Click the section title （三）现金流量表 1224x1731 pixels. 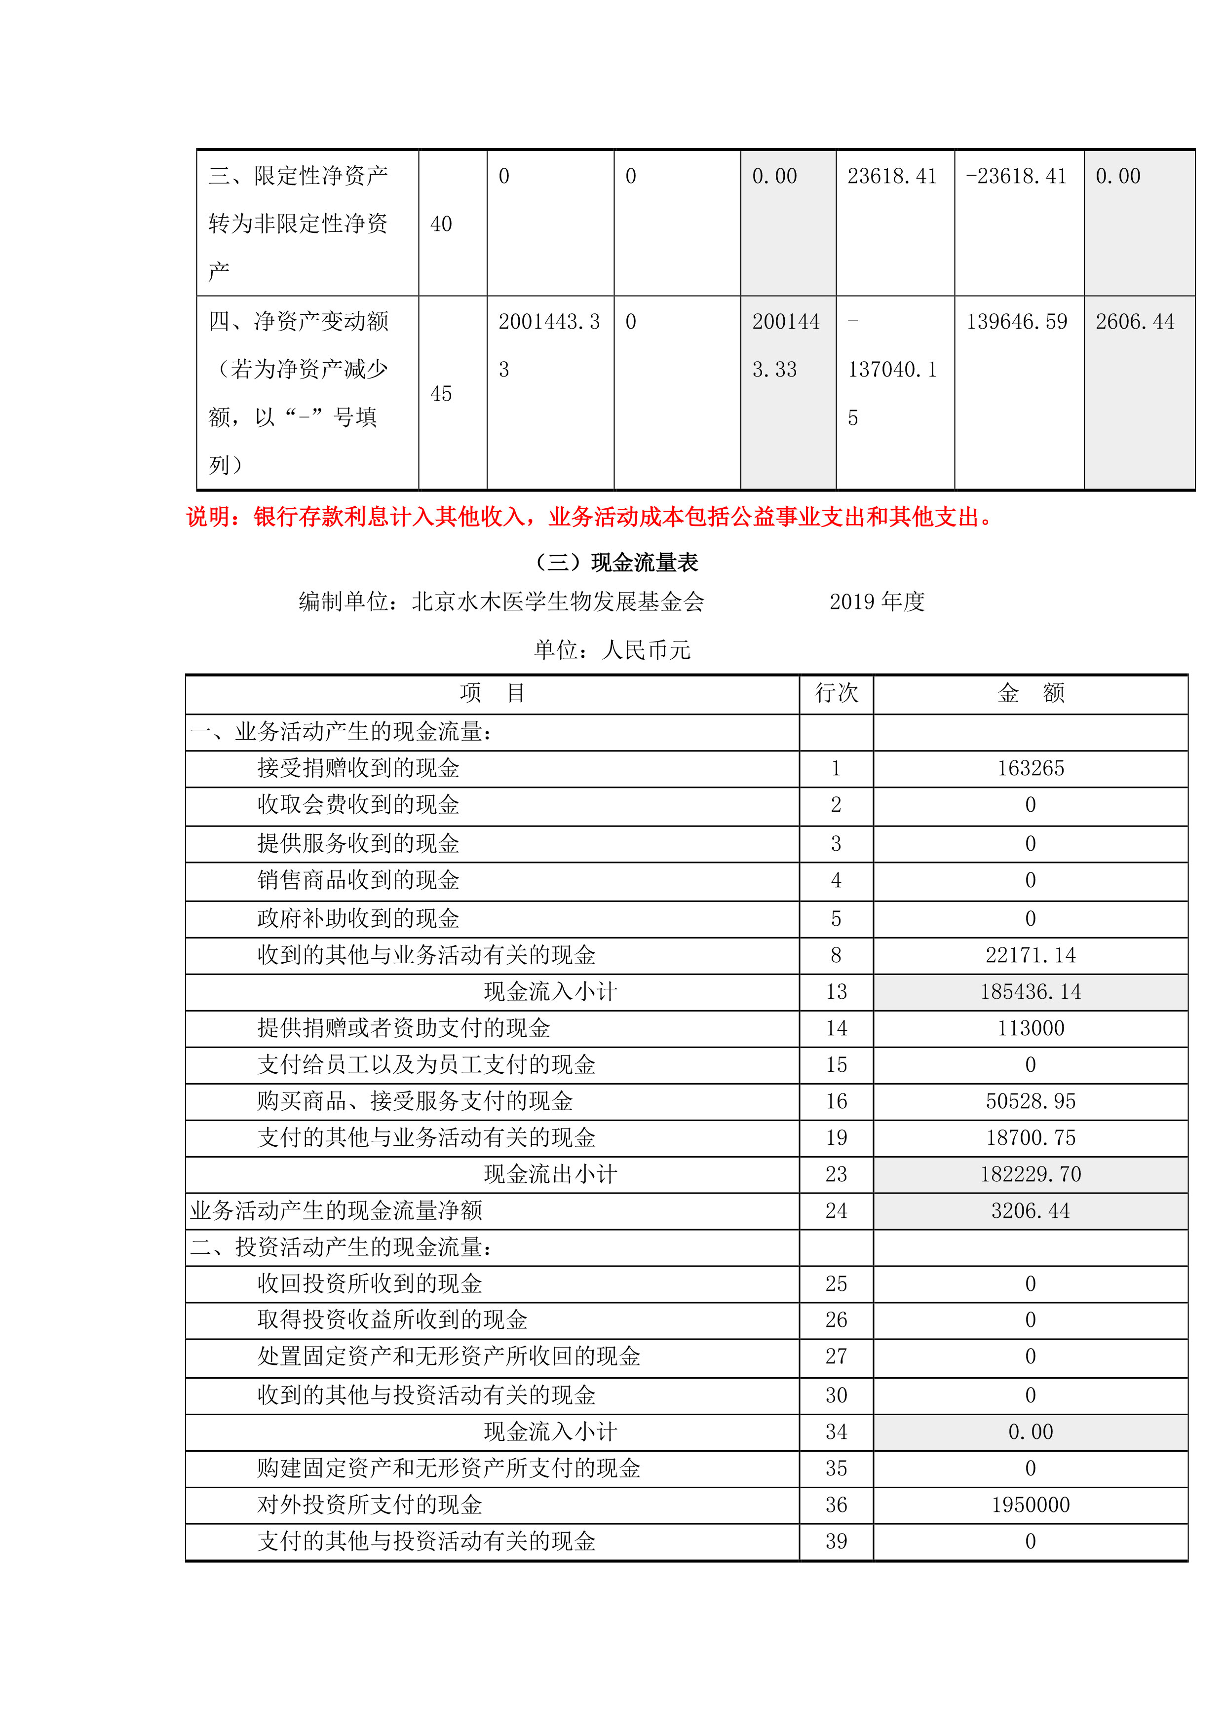point(615,563)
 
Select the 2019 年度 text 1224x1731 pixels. point(877,602)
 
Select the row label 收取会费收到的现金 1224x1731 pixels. point(358,804)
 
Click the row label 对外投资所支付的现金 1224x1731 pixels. point(370,1505)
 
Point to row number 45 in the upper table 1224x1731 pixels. point(441,394)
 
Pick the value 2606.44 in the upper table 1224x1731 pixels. point(1135,322)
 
